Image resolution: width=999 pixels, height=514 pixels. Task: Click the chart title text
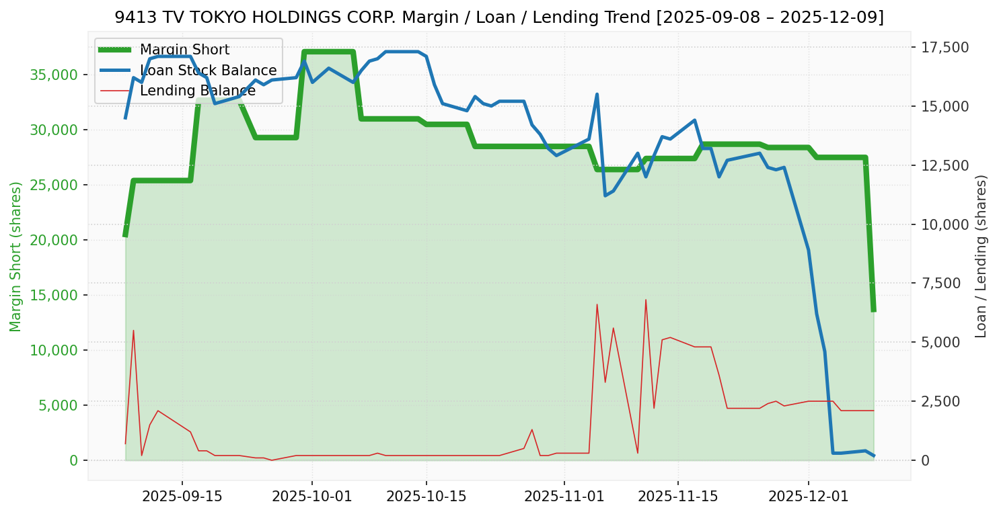pyautogui.click(x=499, y=17)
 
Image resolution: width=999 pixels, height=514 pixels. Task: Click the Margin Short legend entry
pyautogui.click(x=184, y=50)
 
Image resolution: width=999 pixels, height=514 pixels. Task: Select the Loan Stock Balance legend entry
pyautogui.click(x=208, y=71)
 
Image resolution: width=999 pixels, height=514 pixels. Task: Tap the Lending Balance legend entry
pyautogui.click(x=197, y=91)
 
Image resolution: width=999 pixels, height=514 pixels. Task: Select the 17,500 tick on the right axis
pyautogui.click(x=945, y=47)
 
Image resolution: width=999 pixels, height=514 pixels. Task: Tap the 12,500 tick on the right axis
pyautogui.click(x=945, y=165)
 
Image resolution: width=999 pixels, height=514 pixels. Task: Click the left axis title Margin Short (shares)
pyautogui.click(x=15, y=256)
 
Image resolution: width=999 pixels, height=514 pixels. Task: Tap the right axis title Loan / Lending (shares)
pyautogui.click(x=981, y=256)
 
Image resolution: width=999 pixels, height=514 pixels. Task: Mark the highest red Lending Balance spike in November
pyautogui.click(x=646, y=300)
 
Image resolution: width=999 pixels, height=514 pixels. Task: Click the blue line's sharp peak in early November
pyautogui.click(x=597, y=94)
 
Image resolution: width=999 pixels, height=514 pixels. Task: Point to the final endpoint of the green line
pyautogui.click(x=873, y=310)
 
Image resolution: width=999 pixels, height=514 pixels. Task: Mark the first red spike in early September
pyautogui.click(x=133, y=331)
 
